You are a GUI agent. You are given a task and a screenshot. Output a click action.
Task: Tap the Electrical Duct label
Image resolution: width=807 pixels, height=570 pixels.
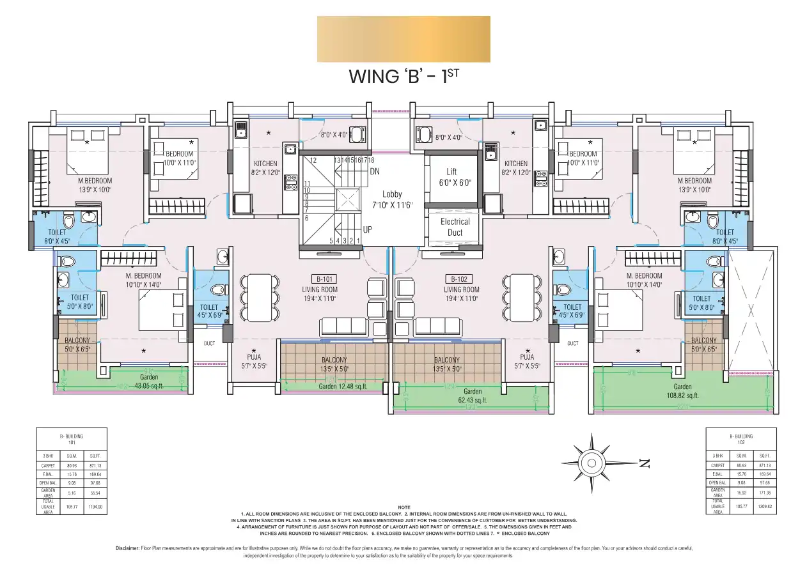click(x=455, y=227)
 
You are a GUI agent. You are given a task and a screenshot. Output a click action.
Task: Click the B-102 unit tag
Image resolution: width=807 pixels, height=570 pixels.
click(x=458, y=279)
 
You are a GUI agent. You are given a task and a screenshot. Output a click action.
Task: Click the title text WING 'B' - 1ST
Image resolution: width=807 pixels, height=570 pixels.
click(x=403, y=76)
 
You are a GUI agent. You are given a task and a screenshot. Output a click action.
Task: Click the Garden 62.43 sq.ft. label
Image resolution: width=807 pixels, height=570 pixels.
click(x=473, y=396)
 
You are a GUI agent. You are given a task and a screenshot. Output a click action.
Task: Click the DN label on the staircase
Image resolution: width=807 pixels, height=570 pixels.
click(x=375, y=171)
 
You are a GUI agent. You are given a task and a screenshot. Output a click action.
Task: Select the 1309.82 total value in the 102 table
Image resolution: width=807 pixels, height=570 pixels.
click(x=764, y=507)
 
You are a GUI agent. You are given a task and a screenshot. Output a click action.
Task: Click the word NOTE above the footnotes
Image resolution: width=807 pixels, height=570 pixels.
click(x=403, y=507)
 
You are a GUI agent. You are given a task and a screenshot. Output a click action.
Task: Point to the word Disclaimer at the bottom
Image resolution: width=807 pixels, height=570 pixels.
click(x=131, y=548)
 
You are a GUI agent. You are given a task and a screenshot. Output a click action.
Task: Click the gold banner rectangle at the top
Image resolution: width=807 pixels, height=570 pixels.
click(x=403, y=39)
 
